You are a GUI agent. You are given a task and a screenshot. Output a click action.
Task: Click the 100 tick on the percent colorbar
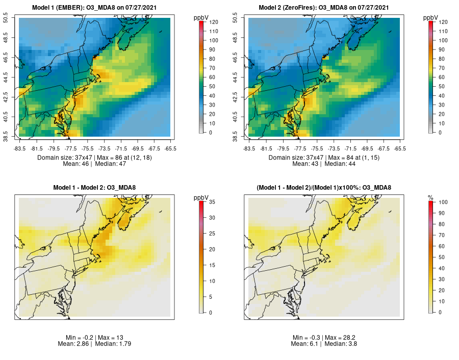pyautogui.click(x=443, y=202)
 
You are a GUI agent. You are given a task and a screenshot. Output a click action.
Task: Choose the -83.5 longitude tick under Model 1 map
pyautogui.click(x=20, y=148)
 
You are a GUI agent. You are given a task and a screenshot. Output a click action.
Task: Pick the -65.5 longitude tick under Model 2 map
pyautogui.click(x=399, y=148)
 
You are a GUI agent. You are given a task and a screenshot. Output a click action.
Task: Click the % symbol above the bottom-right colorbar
pyautogui.click(x=430, y=197)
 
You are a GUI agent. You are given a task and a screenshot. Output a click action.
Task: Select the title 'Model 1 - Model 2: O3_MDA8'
pyautogui.click(x=94, y=188)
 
